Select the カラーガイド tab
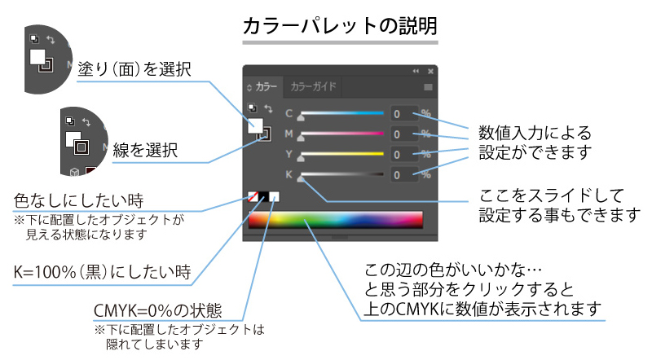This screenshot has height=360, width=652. (x=314, y=86)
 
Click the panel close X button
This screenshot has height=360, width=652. (x=431, y=71)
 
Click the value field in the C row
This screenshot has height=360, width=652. (x=403, y=113)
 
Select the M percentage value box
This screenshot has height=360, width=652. (x=403, y=134)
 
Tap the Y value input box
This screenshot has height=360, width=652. (x=403, y=154)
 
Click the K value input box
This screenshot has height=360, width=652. (x=403, y=174)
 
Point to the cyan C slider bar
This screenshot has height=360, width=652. (x=342, y=112)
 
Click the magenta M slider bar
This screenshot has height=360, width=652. (x=342, y=133)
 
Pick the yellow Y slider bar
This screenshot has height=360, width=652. (x=342, y=153)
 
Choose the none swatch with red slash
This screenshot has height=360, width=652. (x=253, y=197)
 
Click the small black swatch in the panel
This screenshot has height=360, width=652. (x=264, y=197)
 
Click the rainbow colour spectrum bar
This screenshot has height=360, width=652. (x=336, y=221)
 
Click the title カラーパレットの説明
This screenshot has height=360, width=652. (x=340, y=27)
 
